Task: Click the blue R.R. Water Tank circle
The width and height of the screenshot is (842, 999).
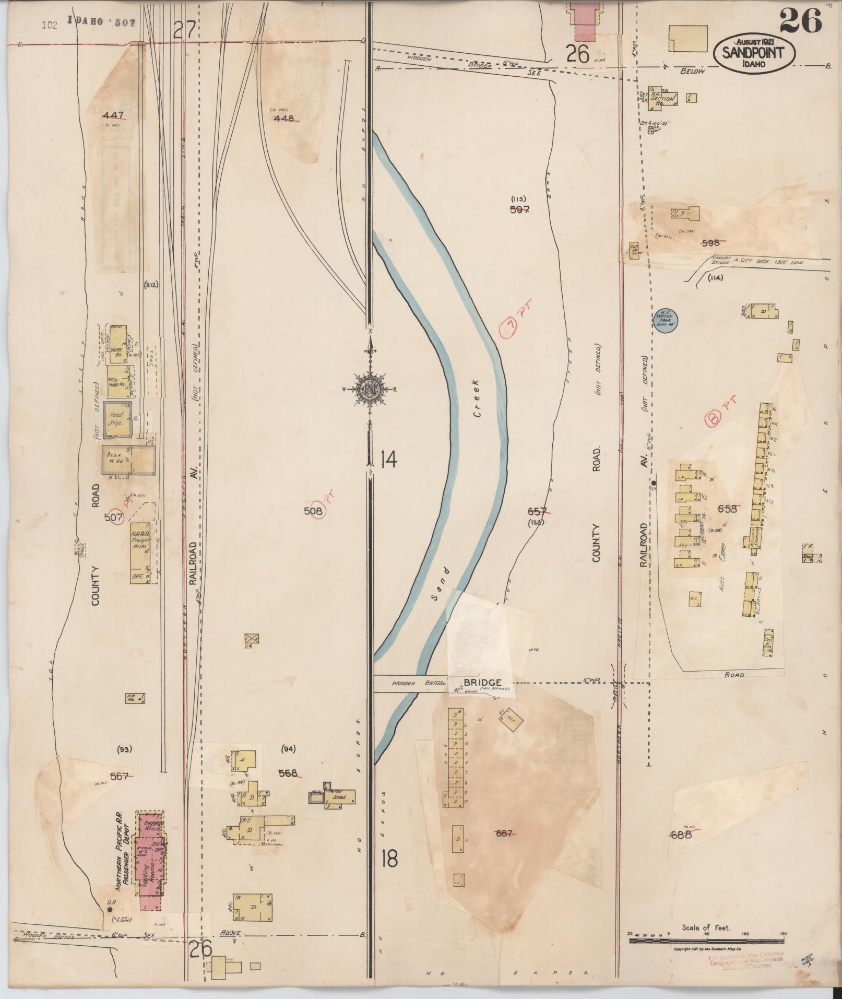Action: tap(666, 319)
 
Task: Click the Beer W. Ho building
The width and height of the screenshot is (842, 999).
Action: tap(128, 460)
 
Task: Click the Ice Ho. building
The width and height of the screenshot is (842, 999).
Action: tap(135, 698)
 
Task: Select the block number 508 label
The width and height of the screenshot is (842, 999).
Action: tap(313, 511)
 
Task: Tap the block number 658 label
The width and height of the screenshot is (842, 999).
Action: tap(727, 508)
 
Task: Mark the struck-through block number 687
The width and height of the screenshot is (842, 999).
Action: tap(504, 833)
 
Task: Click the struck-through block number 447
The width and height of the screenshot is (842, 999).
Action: tap(113, 115)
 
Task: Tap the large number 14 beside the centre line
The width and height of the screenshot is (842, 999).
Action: tap(389, 460)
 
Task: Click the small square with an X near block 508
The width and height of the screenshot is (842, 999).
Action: tap(252, 638)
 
